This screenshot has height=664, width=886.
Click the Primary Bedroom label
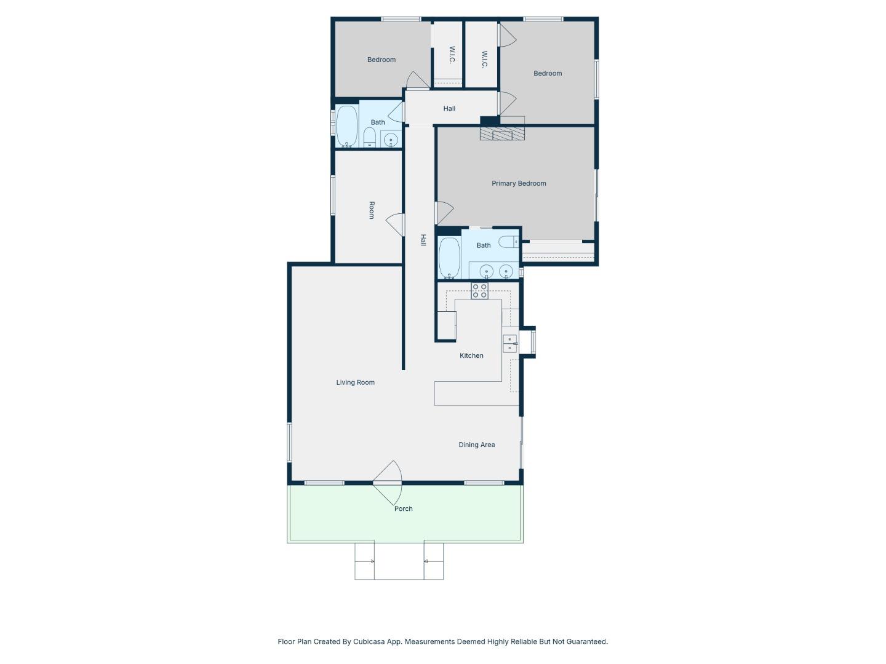[x=519, y=183]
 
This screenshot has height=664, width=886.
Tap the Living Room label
[x=355, y=382]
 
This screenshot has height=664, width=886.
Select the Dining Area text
[x=476, y=445]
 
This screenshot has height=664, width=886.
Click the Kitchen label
[x=471, y=355]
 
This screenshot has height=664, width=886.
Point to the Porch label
[x=403, y=508]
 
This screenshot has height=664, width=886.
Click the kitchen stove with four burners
[x=479, y=291]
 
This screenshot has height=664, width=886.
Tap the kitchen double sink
[x=509, y=344]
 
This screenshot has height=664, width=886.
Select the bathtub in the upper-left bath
[x=347, y=126]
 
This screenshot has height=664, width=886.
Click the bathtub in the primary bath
[x=449, y=258]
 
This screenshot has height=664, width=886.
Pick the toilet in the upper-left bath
[x=370, y=138]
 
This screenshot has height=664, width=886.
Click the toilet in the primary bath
[x=508, y=242]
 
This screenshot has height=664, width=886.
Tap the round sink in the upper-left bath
[x=391, y=140]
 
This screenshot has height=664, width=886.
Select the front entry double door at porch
[x=388, y=483]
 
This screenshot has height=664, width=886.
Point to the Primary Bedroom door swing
[x=444, y=213]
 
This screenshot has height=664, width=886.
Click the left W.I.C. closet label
[x=452, y=55]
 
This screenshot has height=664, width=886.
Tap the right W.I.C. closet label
[x=484, y=60]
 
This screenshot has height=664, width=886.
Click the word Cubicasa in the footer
[x=369, y=641]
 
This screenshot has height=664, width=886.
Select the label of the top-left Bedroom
[x=381, y=60]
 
